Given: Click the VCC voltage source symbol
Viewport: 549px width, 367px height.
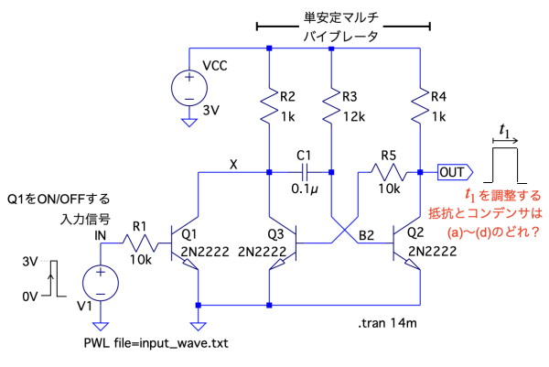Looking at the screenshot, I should [188, 88].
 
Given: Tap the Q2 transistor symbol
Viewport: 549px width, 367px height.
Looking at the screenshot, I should [410, 244].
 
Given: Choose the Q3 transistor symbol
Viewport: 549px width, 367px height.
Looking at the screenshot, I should [279, 244].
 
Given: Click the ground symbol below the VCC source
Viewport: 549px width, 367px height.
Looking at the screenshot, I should [188, 121].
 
